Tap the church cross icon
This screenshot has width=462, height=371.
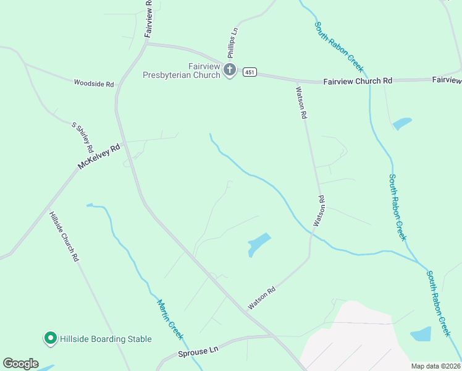click(x=230, y=70)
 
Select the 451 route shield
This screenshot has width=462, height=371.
click(x=249, y=72)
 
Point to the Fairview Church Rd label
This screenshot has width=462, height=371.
click(x=358, y=81)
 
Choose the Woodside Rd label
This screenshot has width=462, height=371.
click(x=94, y=83)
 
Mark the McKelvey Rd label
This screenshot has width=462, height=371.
click(x=99, y=158)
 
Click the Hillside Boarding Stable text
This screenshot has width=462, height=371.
click(x=106, y=339)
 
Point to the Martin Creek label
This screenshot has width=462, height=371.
click(x=169, y=318)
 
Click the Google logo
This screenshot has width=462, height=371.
click(x=20, y=364)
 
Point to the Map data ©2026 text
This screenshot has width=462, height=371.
click(x=435, y=366)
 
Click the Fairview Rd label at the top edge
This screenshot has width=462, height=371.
click(x=149, y=19)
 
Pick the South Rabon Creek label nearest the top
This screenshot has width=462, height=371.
click(x=338, y=47)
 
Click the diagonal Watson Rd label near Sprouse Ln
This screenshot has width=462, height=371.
click(x=262, y=298)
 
